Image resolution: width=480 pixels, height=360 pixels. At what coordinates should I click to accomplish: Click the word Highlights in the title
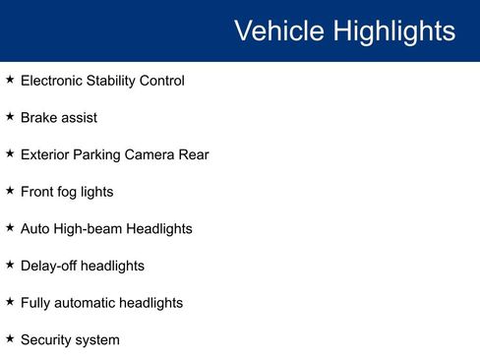coord(393,30)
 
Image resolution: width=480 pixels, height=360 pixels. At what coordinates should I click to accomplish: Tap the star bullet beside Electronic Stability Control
coord(10,79)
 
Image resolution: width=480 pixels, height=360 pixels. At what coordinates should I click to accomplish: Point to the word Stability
coord(113,81)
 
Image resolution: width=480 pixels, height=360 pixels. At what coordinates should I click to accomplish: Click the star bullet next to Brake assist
coord(10,116)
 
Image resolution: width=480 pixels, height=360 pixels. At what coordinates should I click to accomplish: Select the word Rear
coord(194,155)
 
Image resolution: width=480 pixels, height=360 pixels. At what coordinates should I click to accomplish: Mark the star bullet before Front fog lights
coord(10,190)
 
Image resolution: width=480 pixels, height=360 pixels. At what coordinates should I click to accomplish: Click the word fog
coord(72,192)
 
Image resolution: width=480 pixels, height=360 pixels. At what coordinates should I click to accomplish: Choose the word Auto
coord(35,229)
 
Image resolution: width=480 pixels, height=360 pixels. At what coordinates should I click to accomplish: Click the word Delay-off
coord(48,266)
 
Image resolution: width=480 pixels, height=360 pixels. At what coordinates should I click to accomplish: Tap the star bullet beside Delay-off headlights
coord(10,264)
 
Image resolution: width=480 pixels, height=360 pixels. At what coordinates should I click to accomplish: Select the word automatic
coord(91,303)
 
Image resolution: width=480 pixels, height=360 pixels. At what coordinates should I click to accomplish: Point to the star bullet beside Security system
coord(10,338)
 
